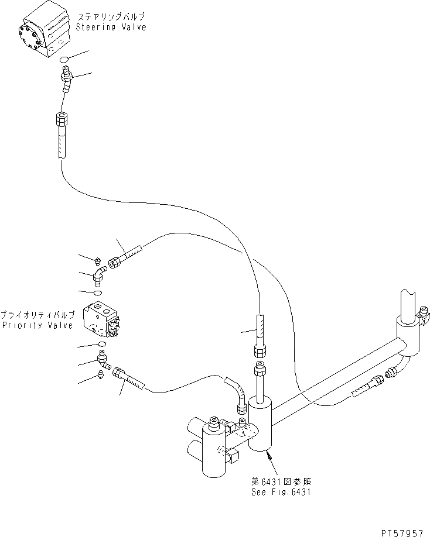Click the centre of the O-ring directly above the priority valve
pos(98,293)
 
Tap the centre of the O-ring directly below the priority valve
pos(102,344)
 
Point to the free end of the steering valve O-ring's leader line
pos(89,51)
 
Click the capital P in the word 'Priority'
pos(5,325)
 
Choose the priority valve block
pos(101,318)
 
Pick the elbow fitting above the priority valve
pos(100,276)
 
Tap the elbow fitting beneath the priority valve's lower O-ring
pos(104,361)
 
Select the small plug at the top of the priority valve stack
pos(98,261)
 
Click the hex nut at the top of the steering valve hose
pos(62,119)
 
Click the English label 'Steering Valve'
pos(111,27)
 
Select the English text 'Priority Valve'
pos(37,325)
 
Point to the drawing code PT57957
pos(402,533)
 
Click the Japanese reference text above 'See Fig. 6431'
pos(281,481)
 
